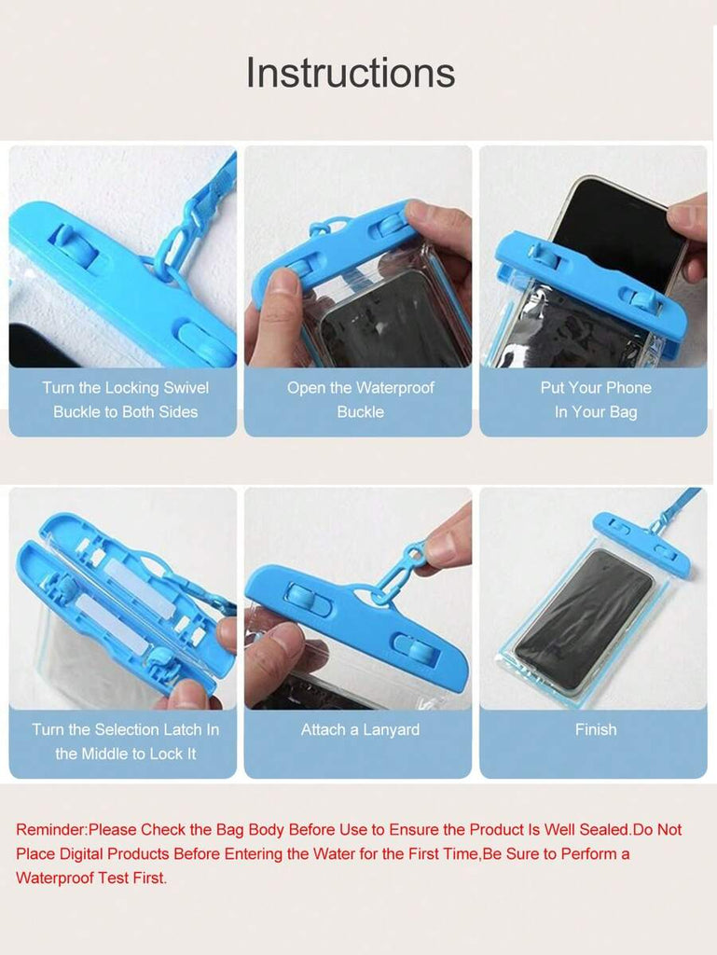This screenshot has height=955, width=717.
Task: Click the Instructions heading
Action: [x=350, y=73]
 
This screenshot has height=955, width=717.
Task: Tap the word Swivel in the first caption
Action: [x=186, y=388]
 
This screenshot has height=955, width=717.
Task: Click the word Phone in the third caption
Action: [x=628, y=388]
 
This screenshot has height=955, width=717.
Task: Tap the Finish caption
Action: [x=596, y=729]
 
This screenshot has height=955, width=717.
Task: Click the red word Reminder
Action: [x=51, y=829]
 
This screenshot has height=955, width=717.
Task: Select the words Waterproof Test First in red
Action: [x=91, y=879]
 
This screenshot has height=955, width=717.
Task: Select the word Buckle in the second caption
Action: [x=360, y=412]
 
